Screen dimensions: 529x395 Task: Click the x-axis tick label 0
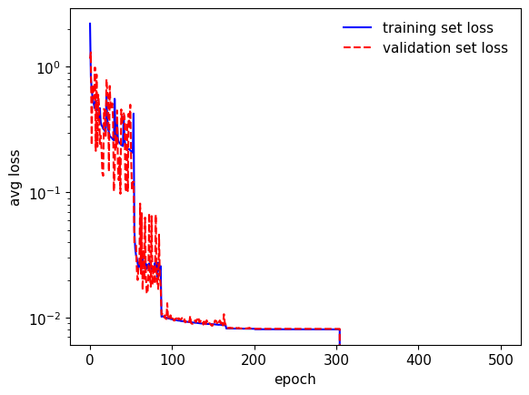(x=90, y=360)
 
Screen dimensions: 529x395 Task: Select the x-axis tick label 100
(x=172, y=360)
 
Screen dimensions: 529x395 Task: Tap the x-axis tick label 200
(x=254, y=360)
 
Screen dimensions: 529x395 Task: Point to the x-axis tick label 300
(x=336, y=360)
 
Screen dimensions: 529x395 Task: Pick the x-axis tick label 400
(x=419, y=360)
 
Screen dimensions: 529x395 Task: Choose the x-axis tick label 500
(x=501, y=360)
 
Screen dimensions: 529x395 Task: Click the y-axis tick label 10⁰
(x=48, y=67)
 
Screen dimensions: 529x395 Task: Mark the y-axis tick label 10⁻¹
(x=45, y=193)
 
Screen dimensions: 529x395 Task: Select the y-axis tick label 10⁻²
(x=45, y=319)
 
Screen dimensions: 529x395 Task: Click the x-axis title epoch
(x=295, y=380)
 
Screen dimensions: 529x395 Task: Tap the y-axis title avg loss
(x=15, y=177)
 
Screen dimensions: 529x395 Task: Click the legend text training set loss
(x=438, y=27)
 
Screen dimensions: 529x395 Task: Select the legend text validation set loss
(x=445, y=47)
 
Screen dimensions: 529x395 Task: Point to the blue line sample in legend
(x=357, y=27)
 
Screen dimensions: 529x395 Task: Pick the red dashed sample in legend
(x=357, y=47)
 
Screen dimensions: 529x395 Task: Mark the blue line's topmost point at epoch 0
(x=90, y=24)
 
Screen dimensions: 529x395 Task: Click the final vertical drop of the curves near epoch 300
(x=339, y=337)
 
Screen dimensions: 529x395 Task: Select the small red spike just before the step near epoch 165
(x=224, y=318)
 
